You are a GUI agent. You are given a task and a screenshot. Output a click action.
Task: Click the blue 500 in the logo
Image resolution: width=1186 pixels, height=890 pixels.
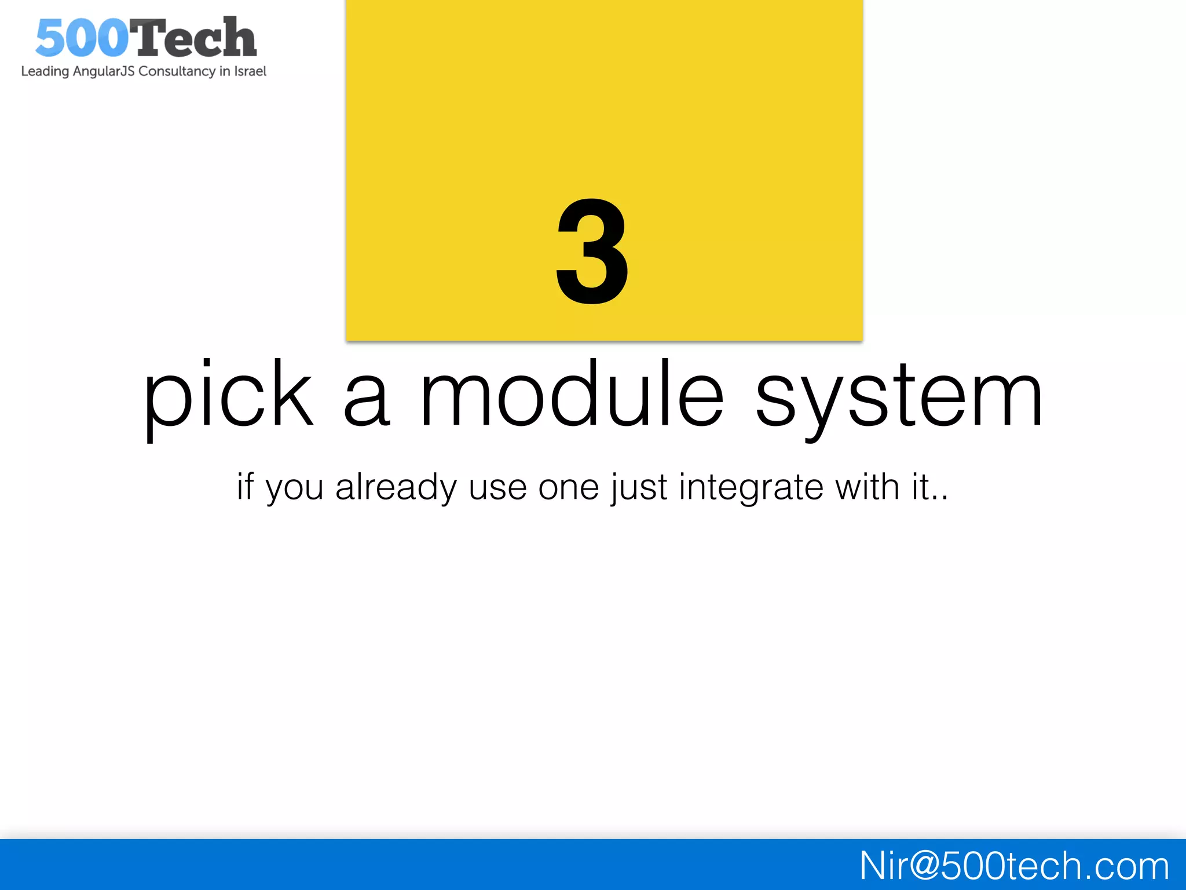coord(82,38)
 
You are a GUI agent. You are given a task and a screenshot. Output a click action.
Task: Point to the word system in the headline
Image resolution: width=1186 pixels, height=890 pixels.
coord(899,397)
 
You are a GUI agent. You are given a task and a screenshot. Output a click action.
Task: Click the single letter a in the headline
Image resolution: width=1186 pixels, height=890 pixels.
coord(366,400)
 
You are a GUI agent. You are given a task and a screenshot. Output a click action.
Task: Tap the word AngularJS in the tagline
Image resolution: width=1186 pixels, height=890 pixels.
coord(104,71)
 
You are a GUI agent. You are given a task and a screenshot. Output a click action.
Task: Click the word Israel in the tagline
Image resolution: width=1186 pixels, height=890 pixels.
coord(250,71)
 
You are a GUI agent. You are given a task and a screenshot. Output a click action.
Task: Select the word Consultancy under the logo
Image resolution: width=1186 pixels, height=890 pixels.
coord(177,71)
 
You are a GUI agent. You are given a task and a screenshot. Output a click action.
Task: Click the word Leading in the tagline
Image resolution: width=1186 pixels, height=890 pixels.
coord(45,71)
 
